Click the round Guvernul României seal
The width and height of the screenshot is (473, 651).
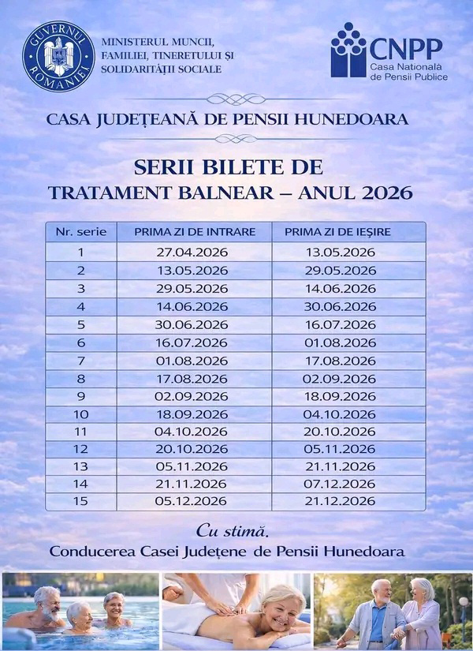coord(58,56)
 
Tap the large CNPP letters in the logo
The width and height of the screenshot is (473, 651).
coord(406,48)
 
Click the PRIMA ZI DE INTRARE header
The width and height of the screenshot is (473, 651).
coord(195,232)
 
